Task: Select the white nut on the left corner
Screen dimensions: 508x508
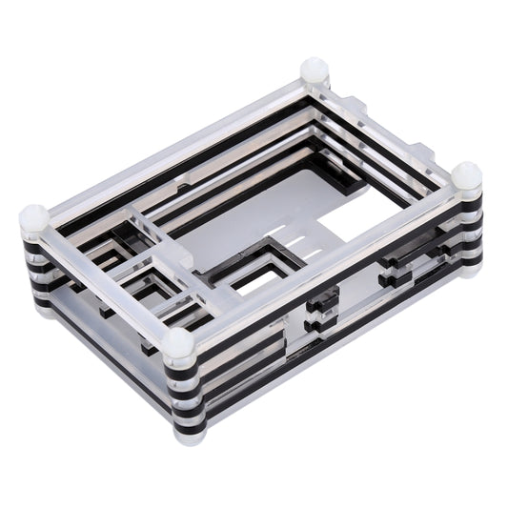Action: click(33, 218)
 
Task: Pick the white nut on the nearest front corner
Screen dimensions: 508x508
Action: click(178, 344)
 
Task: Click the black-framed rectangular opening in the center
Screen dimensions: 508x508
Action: click(255, 272)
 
